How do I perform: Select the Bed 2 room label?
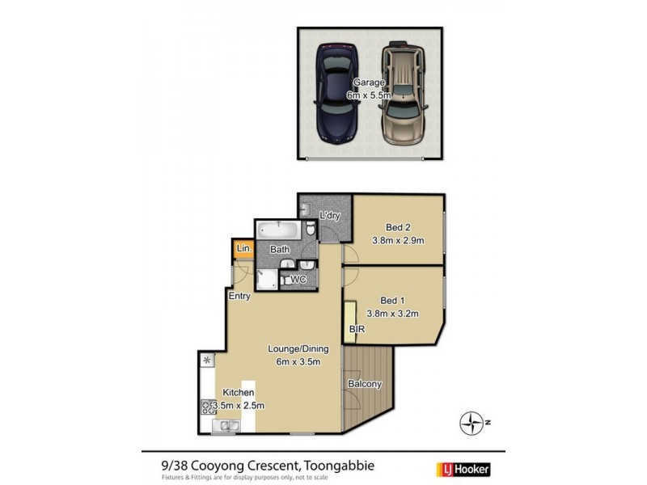398,234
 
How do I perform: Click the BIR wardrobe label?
356,331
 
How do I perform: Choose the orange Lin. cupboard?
243,250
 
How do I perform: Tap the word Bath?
280,250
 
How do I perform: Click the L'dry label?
329,216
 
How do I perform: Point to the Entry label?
239,296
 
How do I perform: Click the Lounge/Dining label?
298,355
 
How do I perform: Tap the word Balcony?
364,384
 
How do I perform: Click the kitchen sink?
225,426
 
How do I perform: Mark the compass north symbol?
472,422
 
